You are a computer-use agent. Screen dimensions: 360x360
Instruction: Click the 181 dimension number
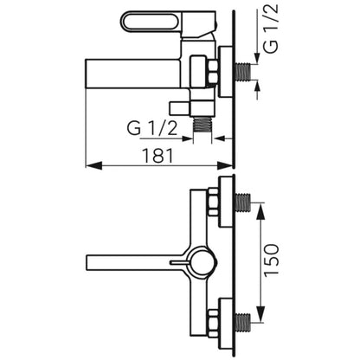(158, 156)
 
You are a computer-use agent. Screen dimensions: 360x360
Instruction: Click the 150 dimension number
(272, 260)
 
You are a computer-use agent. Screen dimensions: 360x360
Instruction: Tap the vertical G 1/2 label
(271, 28)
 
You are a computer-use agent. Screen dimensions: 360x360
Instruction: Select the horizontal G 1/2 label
(151, 128)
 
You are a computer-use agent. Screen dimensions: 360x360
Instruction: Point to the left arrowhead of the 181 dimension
(93, 165)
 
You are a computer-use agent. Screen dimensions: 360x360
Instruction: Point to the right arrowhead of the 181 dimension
(225, 165)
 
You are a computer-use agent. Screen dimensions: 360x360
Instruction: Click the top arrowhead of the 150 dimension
(260, 211)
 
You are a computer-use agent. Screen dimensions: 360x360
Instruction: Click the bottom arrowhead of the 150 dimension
(260, 314)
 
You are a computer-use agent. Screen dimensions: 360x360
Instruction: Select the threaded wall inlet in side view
(243, 71)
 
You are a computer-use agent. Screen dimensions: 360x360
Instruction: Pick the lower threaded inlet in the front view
(243, 318)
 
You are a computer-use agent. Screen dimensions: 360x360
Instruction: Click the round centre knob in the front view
(203, 261)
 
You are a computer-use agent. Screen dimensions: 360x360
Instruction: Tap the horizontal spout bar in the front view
(136, 262)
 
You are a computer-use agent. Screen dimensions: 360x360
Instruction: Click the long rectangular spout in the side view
(133, 74)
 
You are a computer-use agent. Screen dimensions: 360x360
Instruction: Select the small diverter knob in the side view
(180, 108)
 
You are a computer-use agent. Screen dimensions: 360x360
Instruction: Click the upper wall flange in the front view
(226, 202)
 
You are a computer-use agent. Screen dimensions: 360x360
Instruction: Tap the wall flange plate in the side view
(226, 72)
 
